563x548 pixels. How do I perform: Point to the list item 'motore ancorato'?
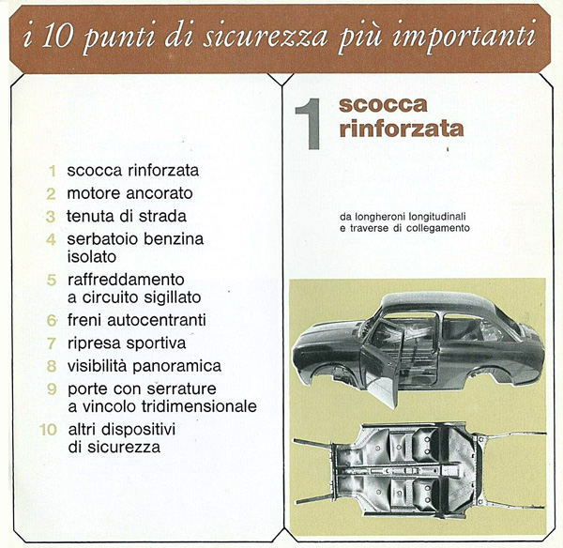tap(129, 193)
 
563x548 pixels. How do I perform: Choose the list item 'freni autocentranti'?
tap(136, 320)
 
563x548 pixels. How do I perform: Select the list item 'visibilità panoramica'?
tap(144, 366)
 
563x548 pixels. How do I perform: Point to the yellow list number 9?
tap(53, 388)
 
